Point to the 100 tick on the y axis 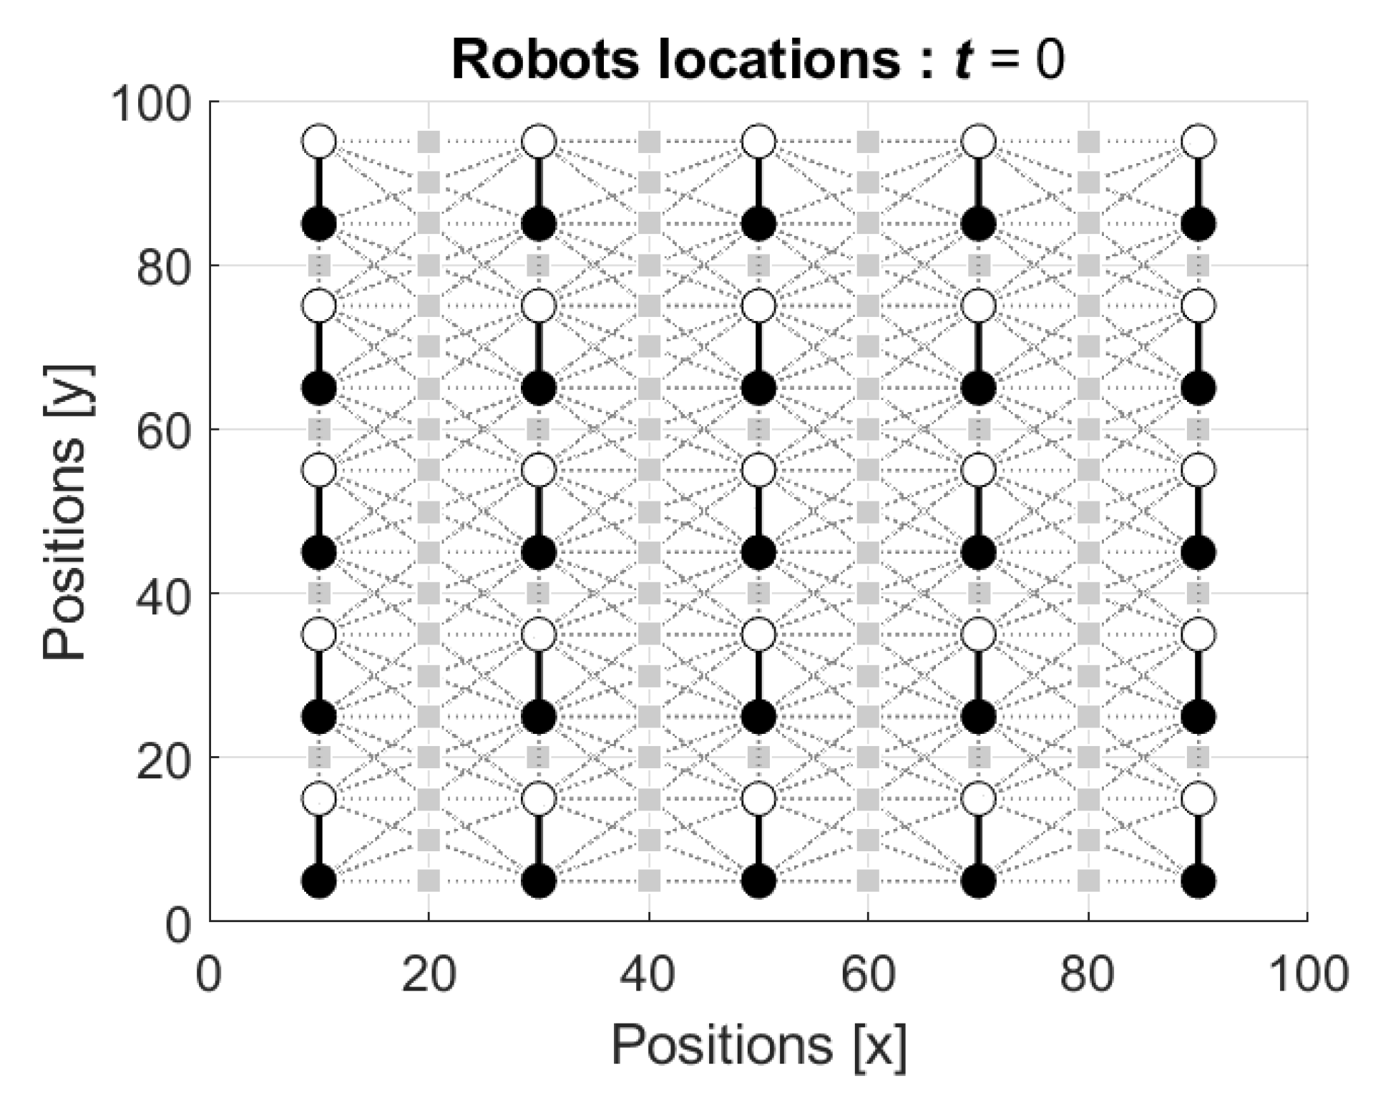[x=152, y=104]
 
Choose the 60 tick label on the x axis [x=868, y=975]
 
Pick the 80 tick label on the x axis [x=1088, y=975]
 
